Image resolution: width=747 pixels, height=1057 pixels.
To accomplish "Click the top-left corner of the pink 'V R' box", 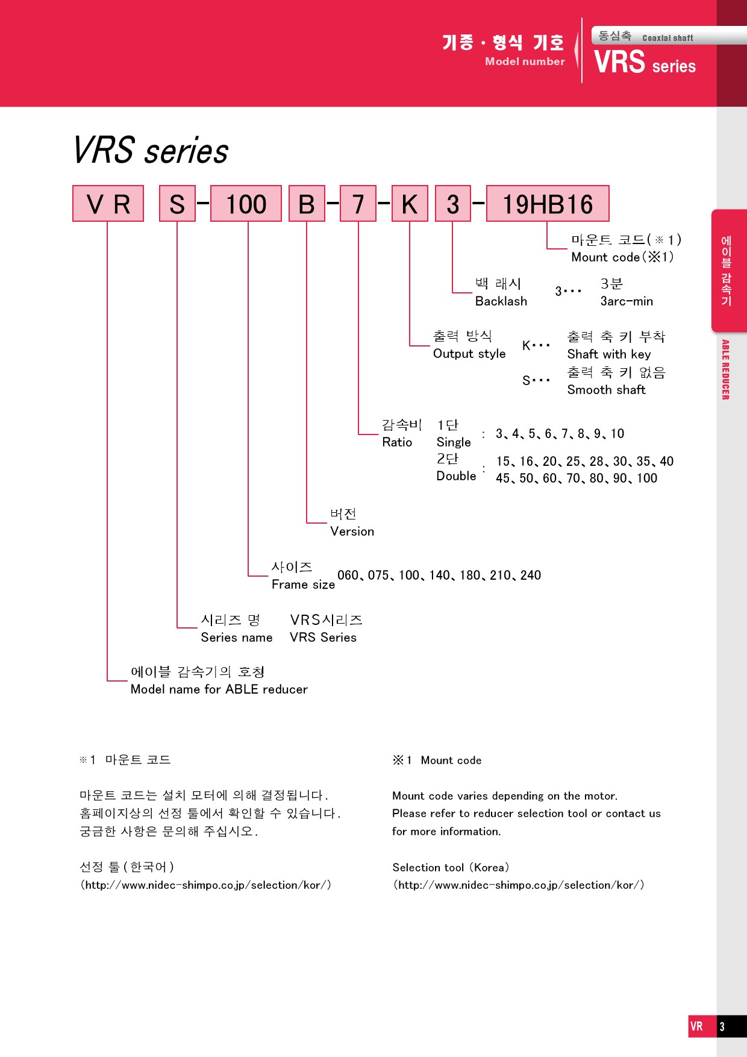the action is pyautogui.click(x=73, y=186).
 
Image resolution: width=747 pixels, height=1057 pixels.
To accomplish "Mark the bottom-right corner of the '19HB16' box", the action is pyautogui.click(x=609, y=221).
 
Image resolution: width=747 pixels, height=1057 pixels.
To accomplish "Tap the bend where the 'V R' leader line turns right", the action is pyautogui.click(x=107, y=681).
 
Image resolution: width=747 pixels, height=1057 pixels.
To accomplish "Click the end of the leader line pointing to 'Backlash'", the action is pyautogui.click(x=472, y=292).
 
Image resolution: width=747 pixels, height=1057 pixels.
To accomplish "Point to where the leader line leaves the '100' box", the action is pyautogui.click(x=248, y=222).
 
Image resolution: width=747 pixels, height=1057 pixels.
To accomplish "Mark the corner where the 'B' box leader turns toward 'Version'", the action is pyautogui.click(x=307, y=522).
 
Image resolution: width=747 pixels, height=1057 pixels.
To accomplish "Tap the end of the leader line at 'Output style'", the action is pyautogui.click(x=430, y=345).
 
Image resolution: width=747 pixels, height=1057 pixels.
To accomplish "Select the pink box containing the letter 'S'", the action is pyautogui.click(x=177, y=204).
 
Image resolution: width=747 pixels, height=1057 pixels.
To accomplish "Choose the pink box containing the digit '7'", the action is pyautogui.click(x=358, y=204).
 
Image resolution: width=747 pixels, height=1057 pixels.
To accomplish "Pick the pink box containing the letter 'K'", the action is pyautogui.click(x=410, y=204).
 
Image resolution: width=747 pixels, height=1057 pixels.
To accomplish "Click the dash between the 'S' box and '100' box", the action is pyautogui.click(x=203, y=202).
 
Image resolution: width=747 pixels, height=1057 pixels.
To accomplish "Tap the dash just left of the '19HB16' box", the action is pyautogui.click(x=478, y=202).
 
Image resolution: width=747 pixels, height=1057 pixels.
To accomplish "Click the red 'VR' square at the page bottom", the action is pyautogui.click(x=697, y=1026).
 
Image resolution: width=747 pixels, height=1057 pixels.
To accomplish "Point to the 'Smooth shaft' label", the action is pyautogui.click(x=606, y=390).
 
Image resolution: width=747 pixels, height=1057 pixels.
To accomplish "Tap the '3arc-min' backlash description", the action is pyautogui.click(x=627, y=301).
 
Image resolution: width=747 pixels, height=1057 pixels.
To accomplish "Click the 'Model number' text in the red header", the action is pyautogui.click(x=525, y=61).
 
